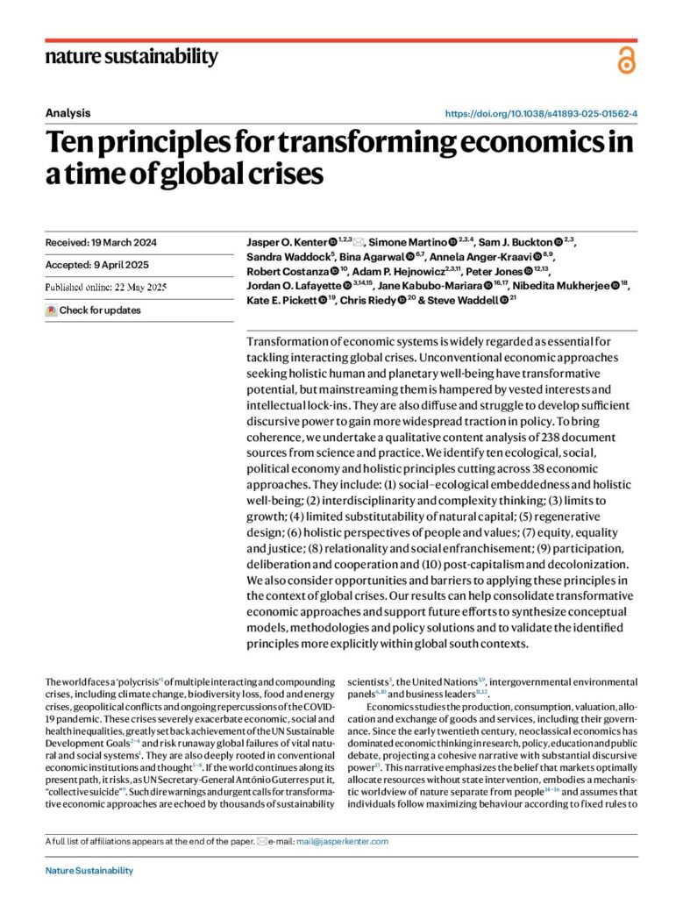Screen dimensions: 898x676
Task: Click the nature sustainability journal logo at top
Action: pos(131,58)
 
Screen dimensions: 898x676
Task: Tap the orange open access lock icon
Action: pos(625,61)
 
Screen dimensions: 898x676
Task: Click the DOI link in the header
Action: pos(541,114)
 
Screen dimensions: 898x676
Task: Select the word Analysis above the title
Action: pos(68,113)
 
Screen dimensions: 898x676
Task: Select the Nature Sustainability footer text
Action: pos(89,871)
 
